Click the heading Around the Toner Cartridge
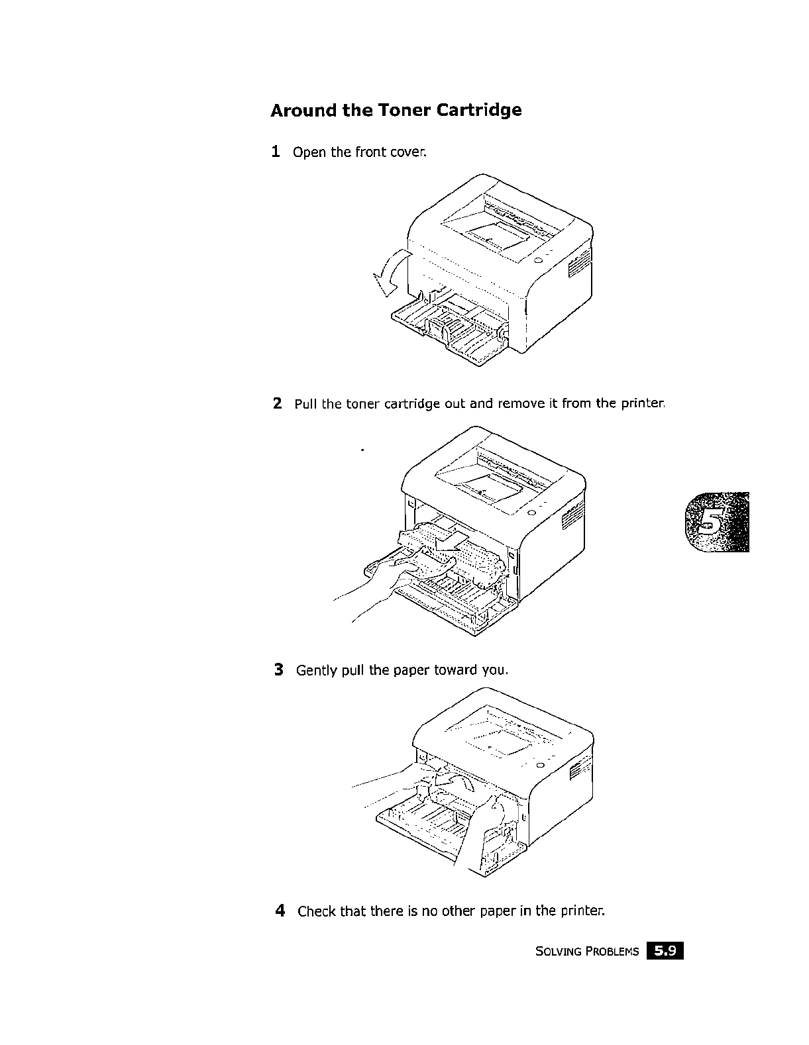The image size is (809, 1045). pos(396,110)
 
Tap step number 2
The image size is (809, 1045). pos(278,403)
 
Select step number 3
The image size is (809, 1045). pos(279,670)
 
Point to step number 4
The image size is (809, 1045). pos(280,911)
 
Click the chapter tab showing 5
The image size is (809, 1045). pos(716,522)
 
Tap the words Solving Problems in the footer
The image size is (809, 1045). pos(587,952)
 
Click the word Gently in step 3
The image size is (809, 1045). pos(316,670)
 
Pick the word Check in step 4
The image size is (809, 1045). pos(317,911)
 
